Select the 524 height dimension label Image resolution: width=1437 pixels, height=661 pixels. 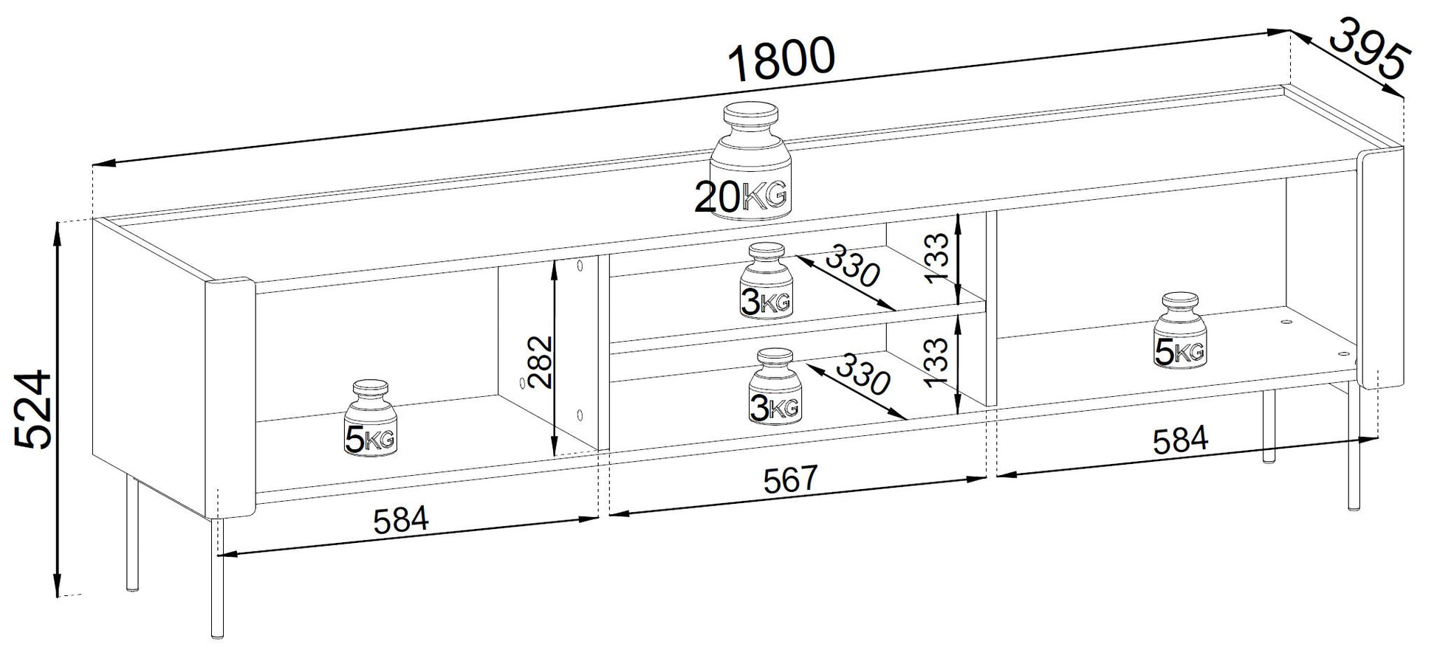[x=34, y=409]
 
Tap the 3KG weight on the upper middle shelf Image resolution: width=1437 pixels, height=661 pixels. [x=766, y=281]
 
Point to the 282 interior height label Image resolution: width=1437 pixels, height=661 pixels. [x=541, y=361]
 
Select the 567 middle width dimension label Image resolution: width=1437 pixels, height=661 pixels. [x=791, y=480]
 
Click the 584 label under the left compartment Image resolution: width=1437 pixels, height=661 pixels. [x=400, y=521]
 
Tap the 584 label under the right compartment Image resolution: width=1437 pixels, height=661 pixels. [x=1180, y=440]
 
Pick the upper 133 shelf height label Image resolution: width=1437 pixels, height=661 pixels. [x=936, y=258]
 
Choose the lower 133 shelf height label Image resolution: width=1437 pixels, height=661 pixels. [x=936, y=362]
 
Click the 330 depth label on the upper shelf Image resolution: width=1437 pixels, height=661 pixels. [x=853, y=266]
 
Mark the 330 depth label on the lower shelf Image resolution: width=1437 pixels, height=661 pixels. [x=862, y=372]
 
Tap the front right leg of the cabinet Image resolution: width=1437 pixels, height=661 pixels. [x=1354, y=450]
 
